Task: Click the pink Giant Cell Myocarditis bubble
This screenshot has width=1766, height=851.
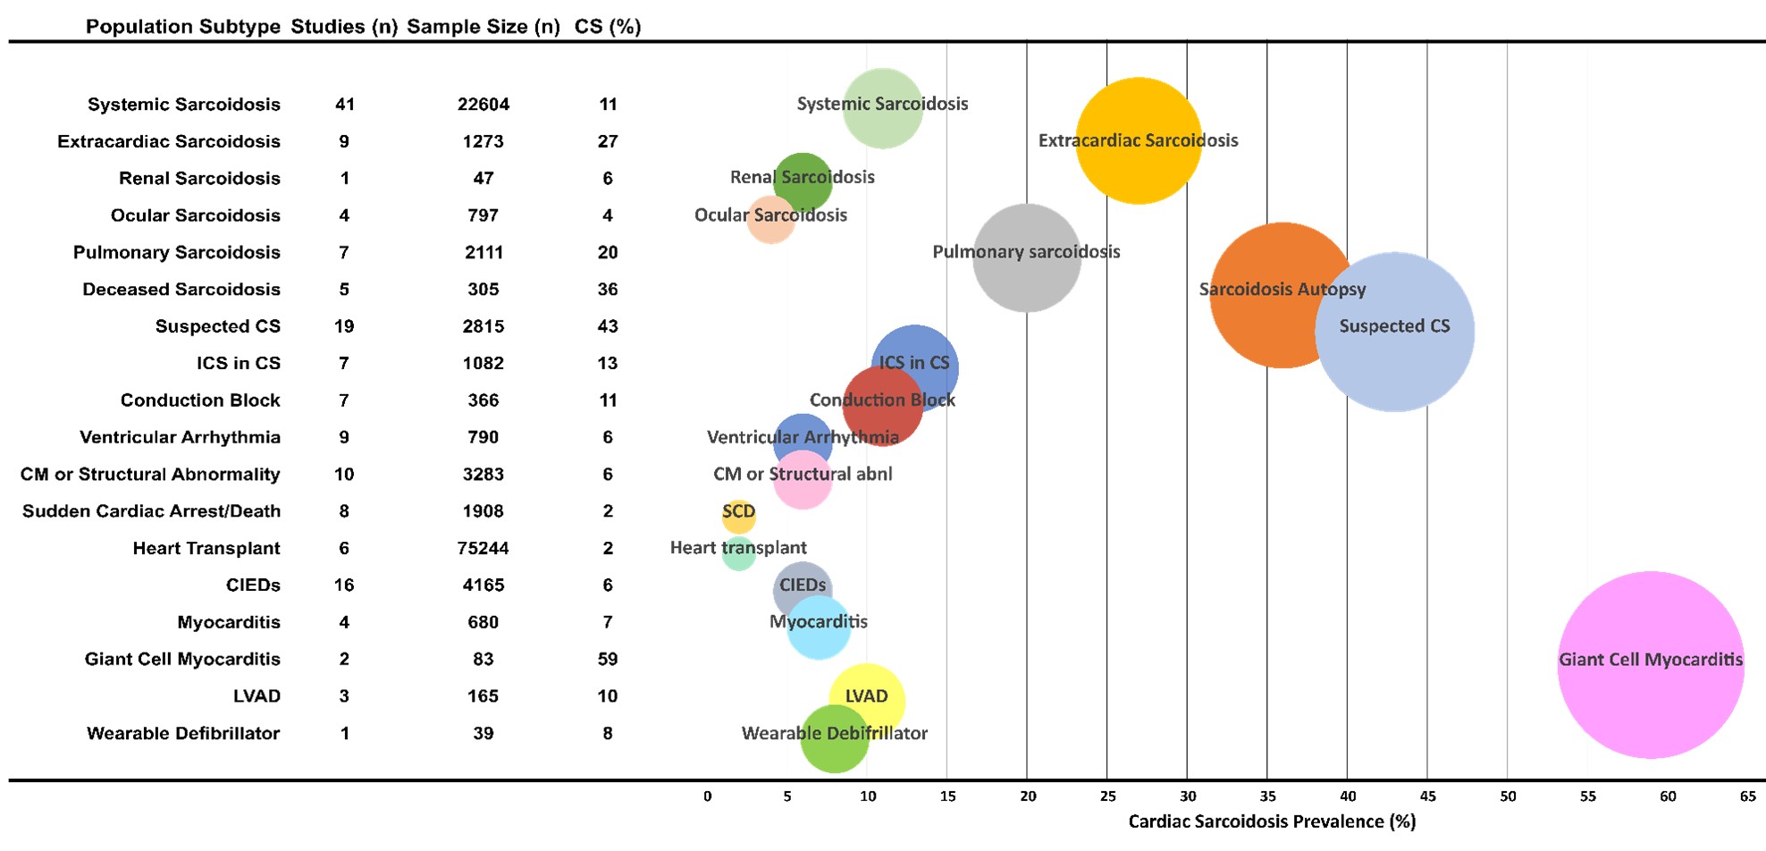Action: click(x=1650, y=665)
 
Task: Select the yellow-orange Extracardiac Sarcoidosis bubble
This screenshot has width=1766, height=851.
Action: click(x=1138, y=140)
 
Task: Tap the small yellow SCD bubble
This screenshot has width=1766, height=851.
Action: click(x=738, y=516)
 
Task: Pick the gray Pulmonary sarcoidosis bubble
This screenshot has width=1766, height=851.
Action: click(x=1026, y=257)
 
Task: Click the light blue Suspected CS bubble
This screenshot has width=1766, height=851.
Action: click(x=1394, y=332)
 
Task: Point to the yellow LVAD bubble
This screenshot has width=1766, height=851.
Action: click(x=866, y=700)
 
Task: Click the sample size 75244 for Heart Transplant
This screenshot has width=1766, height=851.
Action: click(x=484, y=548)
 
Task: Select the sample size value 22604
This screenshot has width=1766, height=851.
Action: click(x=484, y=105)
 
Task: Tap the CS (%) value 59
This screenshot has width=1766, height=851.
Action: click(x=608, y=659)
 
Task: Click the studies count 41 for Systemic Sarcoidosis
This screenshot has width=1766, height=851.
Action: click(x=345, y=105)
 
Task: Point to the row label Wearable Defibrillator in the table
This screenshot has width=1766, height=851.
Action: click(x=183, y=733)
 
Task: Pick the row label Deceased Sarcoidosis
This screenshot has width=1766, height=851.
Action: click(x=181, y=290)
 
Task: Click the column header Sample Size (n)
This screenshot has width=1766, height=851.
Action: click(x=484, y=27)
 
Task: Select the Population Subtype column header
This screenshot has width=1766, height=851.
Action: click(x=183, y=27)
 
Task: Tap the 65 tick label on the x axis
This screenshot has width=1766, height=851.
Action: click(x=1748, y=796)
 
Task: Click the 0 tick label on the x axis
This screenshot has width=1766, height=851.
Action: click(x=707, y=796)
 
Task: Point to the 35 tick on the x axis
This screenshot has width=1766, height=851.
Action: click(x=1267, y=796)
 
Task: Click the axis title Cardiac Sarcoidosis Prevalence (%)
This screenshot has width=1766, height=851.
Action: click(x=1272, y=822)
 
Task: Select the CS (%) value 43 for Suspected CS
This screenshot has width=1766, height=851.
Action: click(x=608, y=326)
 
